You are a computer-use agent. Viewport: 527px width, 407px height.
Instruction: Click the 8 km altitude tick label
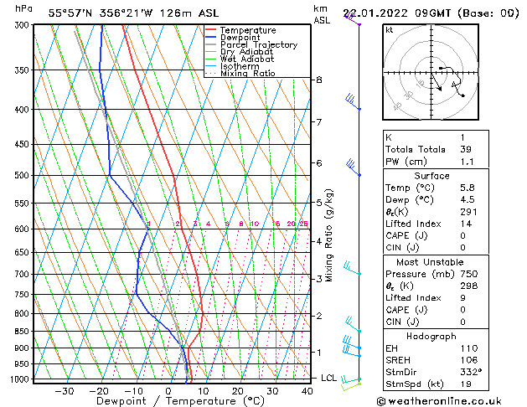coord(318,80)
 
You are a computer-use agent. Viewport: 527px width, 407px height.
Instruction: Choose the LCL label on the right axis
coord(329,378)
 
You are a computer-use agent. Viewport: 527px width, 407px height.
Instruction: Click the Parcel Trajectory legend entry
coord(258,45)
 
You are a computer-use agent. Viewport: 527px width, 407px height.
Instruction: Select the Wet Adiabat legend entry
coord(246,59)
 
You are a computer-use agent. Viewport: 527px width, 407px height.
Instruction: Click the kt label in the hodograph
coord(390,30)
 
